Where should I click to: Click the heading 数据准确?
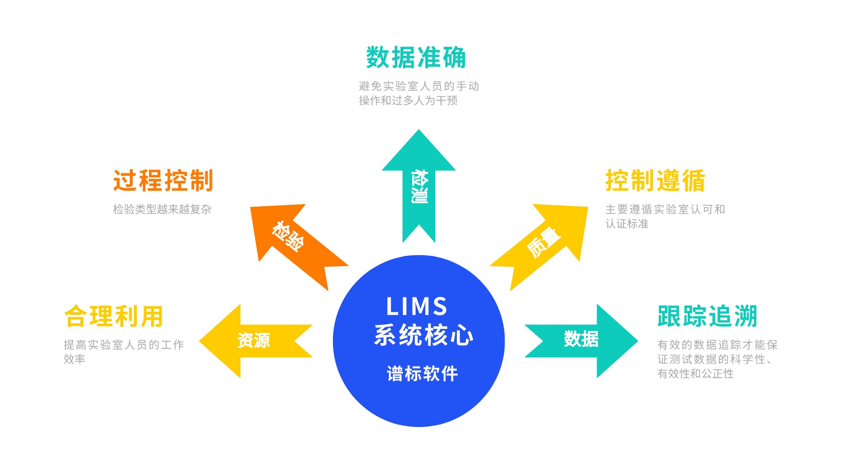416,57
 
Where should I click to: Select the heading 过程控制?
163,180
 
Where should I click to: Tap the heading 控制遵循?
655,180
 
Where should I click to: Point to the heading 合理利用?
113,316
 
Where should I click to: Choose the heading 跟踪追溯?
707,316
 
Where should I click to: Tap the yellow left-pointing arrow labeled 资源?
254,340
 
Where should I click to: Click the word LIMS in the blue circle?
417,306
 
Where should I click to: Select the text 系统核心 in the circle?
424,335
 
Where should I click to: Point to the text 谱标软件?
422,374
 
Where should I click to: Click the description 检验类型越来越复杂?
162,209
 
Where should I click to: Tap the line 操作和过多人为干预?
408,101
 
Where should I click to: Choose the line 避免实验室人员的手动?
419,86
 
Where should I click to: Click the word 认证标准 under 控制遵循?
626,224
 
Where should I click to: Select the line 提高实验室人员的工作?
124,345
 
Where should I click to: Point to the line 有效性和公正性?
695,374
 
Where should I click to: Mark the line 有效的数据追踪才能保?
717,345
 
